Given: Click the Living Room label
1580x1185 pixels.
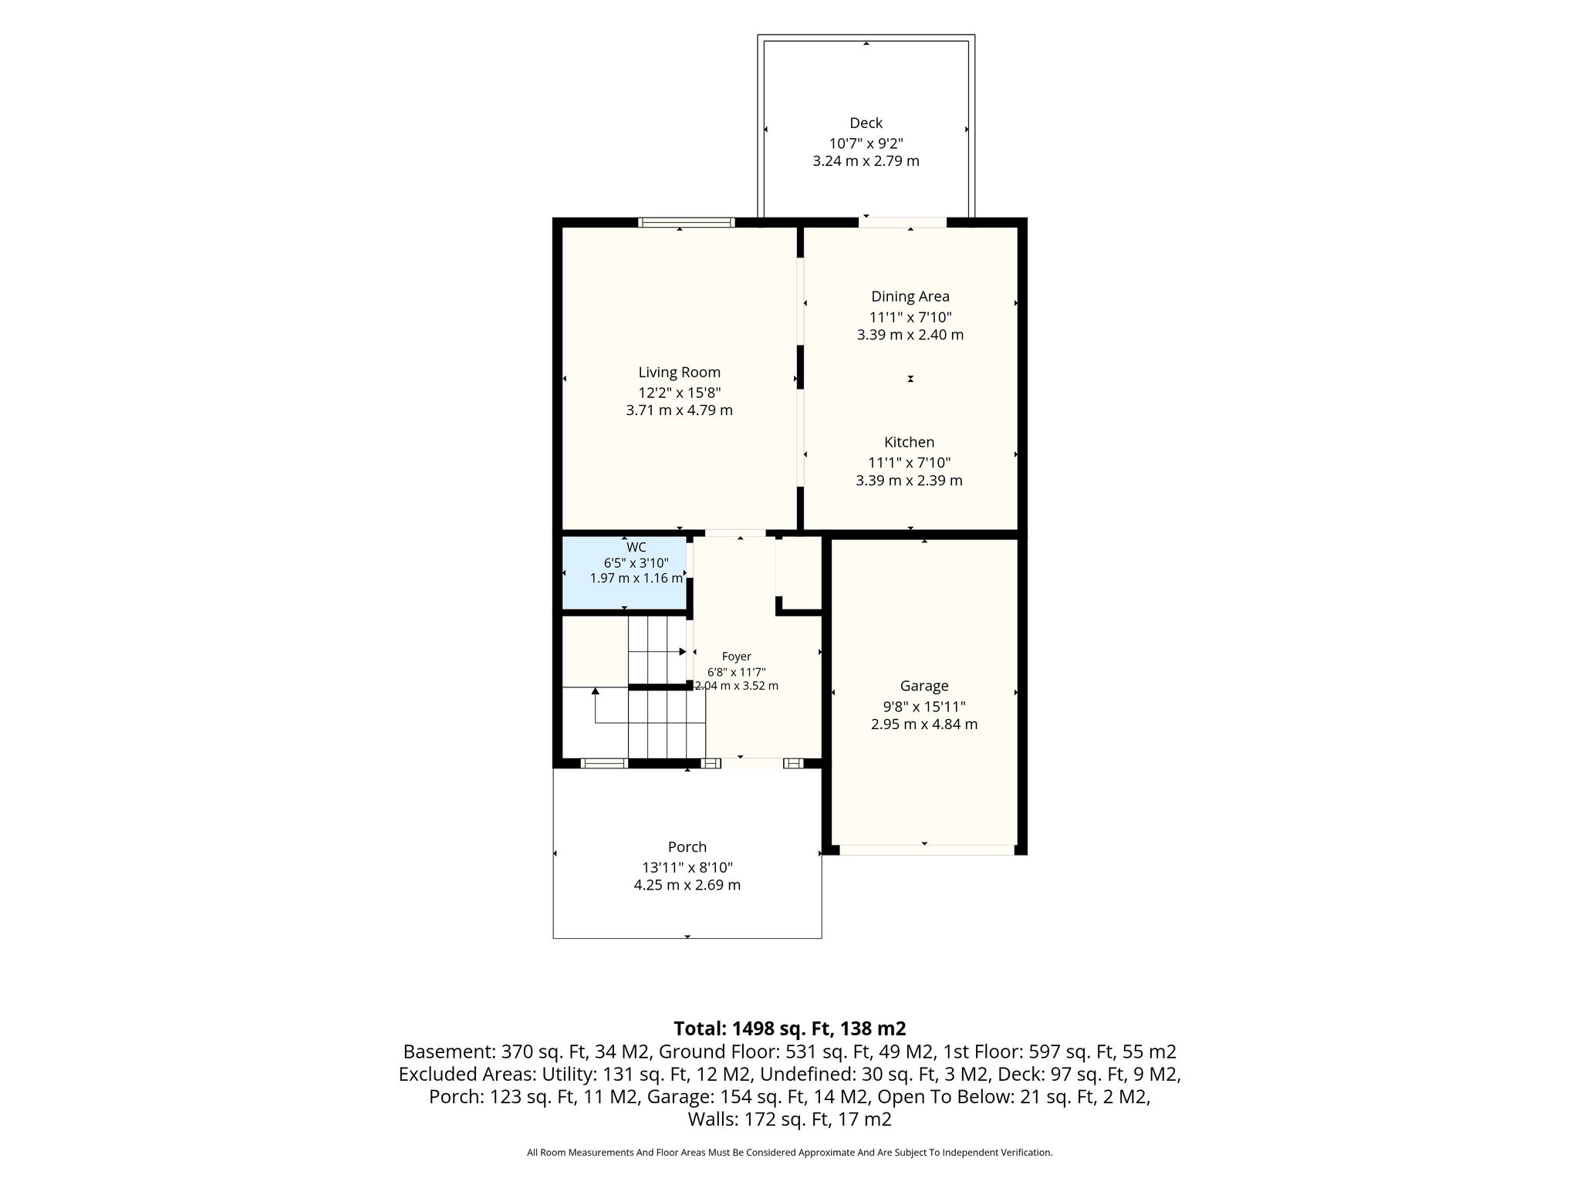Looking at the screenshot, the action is click(679, 373).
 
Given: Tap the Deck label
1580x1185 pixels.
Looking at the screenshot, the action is click(866, 123).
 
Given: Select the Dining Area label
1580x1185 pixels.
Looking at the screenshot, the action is click(910, 296).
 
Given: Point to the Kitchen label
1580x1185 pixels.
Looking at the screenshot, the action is click(909, 442).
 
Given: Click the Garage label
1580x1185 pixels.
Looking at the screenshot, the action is click(924, 686).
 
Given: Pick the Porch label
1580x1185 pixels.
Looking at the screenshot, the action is click(687, 847).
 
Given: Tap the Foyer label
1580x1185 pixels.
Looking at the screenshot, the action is click(737, 657).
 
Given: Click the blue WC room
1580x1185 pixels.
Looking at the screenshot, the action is click(623, 572).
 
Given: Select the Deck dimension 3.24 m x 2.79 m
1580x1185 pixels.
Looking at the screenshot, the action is click(866, 161).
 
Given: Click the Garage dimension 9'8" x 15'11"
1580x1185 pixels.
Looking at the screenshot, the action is click(924, 706).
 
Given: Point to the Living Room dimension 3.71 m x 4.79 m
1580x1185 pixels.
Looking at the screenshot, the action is click(679, 410).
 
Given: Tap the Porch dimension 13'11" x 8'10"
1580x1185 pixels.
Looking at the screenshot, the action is click(687, 867).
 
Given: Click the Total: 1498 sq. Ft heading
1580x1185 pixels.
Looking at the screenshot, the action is click(790, 1028).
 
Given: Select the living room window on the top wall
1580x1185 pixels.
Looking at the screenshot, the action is click(687, 222).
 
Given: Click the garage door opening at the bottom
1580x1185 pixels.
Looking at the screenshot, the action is click(927, 850).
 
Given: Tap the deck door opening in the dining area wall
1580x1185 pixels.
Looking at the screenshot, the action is click(903, 222).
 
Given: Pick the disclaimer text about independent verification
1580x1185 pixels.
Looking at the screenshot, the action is click(789, 1153).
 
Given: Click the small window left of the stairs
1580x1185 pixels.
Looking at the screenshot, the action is click(604, 764).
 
